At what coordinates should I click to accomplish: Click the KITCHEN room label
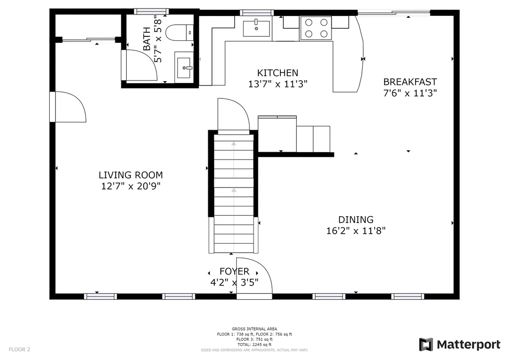277,73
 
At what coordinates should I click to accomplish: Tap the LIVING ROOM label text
131,175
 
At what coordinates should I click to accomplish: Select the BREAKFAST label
410,82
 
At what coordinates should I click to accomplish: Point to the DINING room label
356,219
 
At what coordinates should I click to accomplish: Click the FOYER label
235,271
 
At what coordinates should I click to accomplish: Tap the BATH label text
147,39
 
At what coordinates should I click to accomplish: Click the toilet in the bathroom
179,32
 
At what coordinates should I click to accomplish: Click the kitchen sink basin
256,28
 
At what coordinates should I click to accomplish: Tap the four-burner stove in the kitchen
316,28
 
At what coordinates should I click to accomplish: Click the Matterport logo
460,345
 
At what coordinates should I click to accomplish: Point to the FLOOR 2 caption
19,350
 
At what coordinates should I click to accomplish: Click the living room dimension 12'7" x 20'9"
131,186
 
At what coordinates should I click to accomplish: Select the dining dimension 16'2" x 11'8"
356,231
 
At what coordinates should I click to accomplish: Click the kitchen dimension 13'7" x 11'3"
277,84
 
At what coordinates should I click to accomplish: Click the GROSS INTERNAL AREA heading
254,329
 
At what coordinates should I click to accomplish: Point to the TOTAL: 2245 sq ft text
254,345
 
